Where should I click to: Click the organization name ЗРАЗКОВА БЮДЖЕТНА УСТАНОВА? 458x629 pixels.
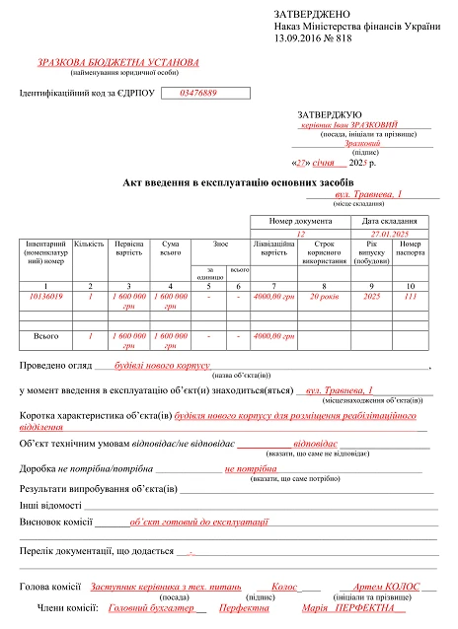(117, 61)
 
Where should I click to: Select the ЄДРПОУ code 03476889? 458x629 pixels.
(198, 93)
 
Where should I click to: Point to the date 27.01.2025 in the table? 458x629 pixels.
(388, 234)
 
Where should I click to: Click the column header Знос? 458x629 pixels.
(222, 243)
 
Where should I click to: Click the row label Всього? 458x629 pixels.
(46, 336)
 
